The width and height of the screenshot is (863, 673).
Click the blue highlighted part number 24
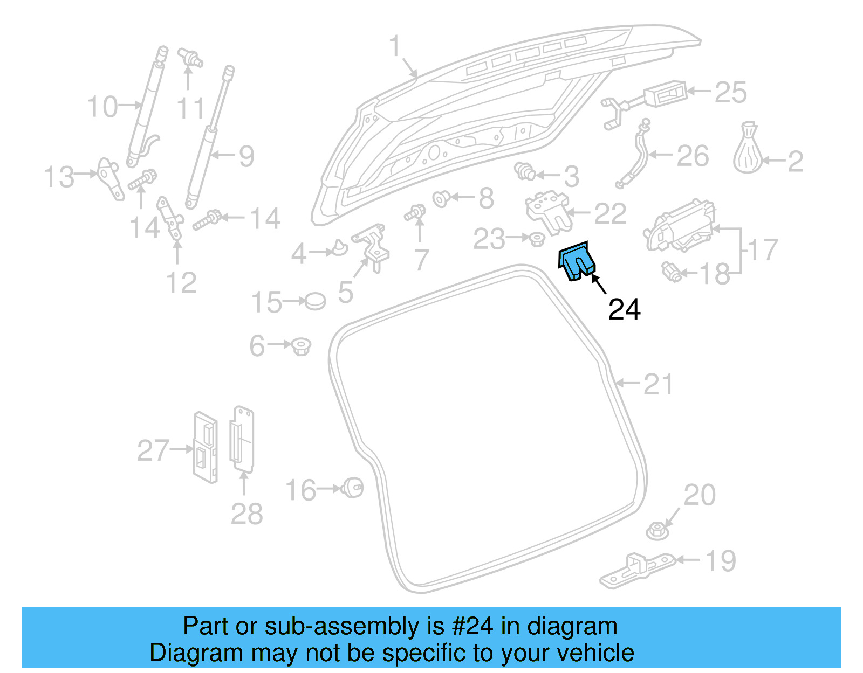coord(576,262)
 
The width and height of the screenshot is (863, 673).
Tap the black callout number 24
coord(624,310)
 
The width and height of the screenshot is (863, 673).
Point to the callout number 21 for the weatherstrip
coord(659,384)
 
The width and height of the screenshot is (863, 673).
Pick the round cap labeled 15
coord(315,301)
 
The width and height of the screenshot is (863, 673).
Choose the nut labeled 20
coord(657,531)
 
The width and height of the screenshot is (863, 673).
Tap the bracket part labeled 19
coord(636,570)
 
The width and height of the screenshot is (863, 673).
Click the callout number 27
coord(153,450)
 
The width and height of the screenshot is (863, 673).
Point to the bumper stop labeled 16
coord(353,488)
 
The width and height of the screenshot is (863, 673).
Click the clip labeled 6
coord(301,346)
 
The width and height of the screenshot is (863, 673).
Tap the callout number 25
coord(731,92)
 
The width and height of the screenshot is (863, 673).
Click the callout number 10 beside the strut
coord(102,107)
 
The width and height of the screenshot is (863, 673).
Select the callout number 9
coord(246,156)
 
